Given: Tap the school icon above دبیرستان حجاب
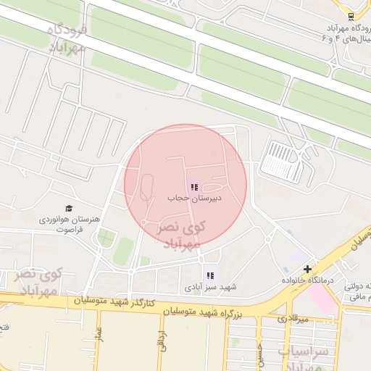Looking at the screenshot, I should [193, 187].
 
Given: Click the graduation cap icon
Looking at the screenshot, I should [69, 209].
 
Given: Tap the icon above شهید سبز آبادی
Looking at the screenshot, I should [210, 275].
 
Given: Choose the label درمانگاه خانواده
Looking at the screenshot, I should [307, 280].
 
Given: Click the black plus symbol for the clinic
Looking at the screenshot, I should [307, 269].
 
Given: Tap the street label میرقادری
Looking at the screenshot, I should [293, 319].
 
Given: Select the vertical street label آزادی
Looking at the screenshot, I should [162, 341].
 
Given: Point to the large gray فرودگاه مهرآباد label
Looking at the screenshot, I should [67, 38].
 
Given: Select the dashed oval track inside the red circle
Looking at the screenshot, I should [146, 190].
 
